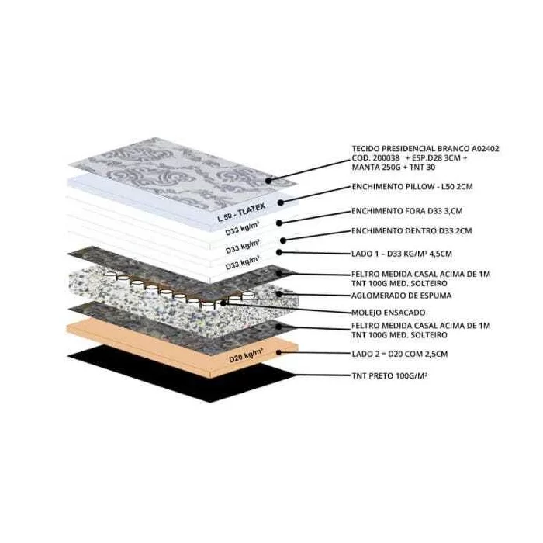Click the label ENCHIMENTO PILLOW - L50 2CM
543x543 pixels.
pos(412,187)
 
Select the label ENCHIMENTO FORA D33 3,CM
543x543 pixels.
pos(407,211)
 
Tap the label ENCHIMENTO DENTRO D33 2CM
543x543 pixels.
pos(411,230)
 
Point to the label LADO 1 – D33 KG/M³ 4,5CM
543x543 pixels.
pos(402,254)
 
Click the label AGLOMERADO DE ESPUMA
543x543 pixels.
pos(401,296)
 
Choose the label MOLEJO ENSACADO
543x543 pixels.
pos(388,313)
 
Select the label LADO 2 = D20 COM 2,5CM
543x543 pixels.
pos(399,354)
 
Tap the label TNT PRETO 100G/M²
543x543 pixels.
pos(389,375)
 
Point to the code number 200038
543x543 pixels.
pos(386,158)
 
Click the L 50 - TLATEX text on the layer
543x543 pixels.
pos(241,212)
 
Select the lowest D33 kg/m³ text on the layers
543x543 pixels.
pos(242,263)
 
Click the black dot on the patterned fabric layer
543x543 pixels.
pos(268,181)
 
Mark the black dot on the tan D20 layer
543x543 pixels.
pos(278,352)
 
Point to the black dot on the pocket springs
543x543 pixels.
pos(223,303)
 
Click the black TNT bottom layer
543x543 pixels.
pos(180,372)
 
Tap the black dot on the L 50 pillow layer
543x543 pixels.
pos(281,202)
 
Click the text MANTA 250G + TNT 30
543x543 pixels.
pos(393,168)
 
